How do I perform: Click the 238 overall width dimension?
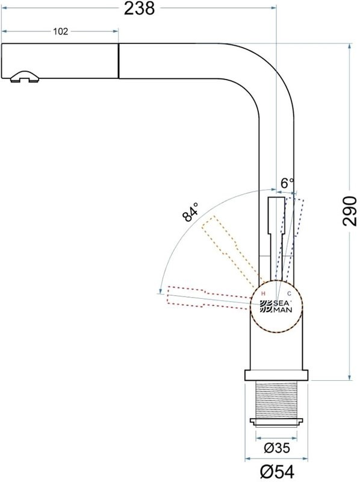pos(139,8)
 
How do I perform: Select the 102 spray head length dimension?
pos(60,31)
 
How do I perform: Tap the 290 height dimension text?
pos(350,211)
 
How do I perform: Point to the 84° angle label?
pos(191,214)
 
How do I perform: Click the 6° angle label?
pos(288,183)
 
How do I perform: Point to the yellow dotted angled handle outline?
pos(226,247)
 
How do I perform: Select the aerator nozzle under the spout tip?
pos(24,77)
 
